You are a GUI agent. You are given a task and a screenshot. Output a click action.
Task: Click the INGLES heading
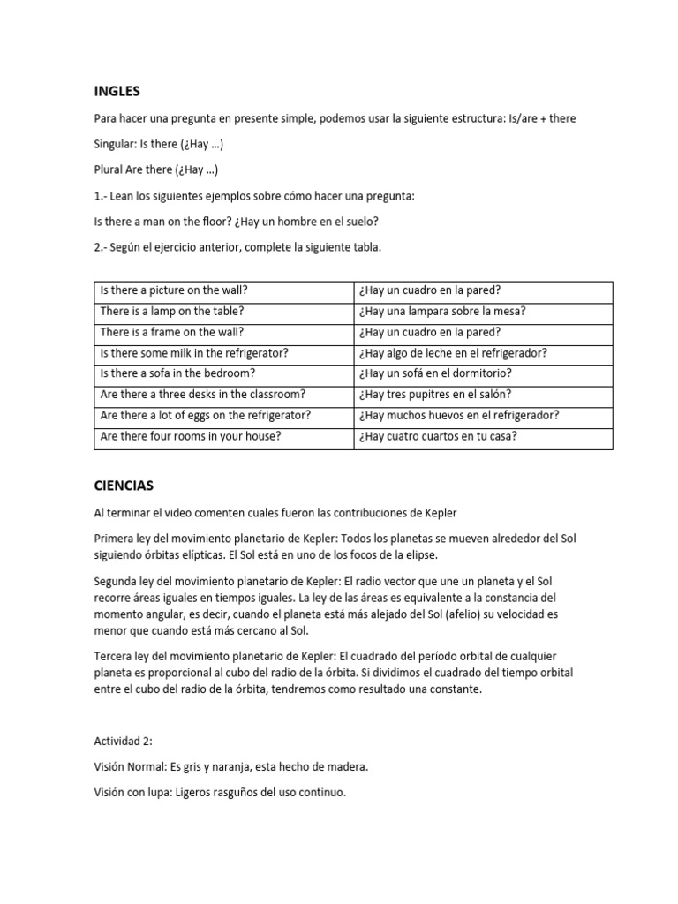[x=117, y=90]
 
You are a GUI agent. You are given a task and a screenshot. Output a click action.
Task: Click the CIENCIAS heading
[x=125, y=485]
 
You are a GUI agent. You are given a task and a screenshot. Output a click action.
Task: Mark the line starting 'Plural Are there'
[x=156, y=169]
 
